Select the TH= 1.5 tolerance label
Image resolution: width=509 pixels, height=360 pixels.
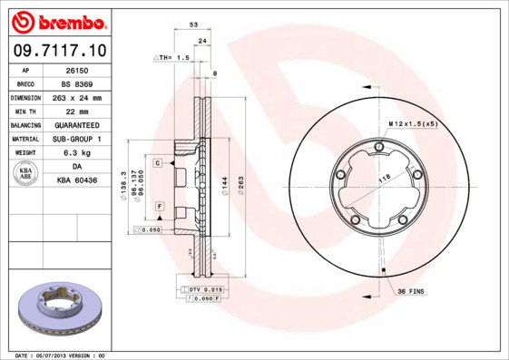click(x=174, y=57)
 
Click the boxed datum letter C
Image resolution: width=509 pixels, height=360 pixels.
click(x=157, y=162)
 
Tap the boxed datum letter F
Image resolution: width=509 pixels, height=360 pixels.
click(x=159, y=207)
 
